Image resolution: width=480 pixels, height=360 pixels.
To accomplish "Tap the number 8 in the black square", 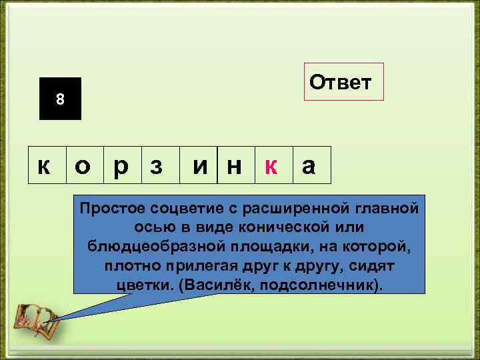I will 60,99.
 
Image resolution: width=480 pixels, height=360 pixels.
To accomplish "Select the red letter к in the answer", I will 271,165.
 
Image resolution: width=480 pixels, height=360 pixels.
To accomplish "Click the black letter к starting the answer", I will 45,165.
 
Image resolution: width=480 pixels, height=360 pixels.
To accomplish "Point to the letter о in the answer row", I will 83,165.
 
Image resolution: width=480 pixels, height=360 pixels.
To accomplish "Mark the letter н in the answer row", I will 234,165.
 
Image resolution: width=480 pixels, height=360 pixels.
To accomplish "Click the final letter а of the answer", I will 309,165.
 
